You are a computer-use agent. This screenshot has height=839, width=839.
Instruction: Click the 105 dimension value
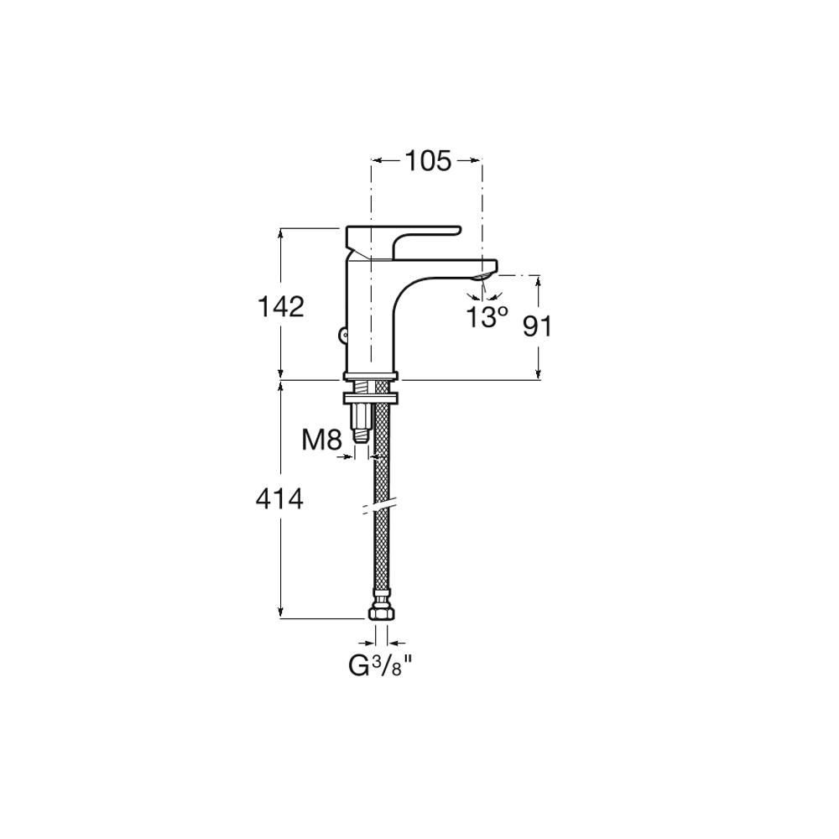click(x=428, y=160)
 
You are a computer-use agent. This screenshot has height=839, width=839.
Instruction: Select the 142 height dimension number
click(x=280, y=306)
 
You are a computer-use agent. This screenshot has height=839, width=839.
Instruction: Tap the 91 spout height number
click(x=537, y=326)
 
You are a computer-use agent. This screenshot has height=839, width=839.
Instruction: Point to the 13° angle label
click(x=487, y=317)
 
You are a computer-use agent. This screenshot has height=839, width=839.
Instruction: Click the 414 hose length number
click(x=280, y=499)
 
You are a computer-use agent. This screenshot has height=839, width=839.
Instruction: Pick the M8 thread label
click(x=321, y=440)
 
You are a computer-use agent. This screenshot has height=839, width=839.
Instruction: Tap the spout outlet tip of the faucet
click(x=485, y=275)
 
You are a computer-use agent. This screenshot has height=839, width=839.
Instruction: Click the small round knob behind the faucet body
click(x=343, y=336)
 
